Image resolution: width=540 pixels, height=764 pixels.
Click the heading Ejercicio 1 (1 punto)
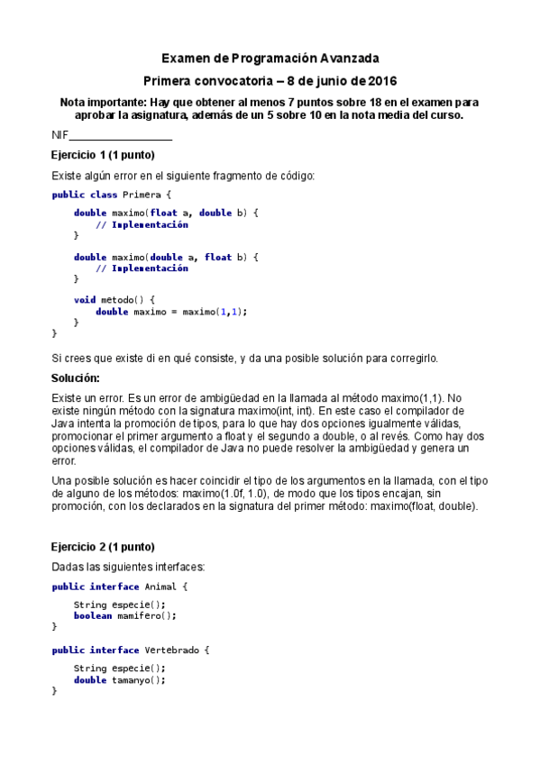[x=103, y=155]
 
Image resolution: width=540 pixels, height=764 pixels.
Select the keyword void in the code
[x=85, y=299]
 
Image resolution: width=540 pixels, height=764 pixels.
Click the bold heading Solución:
[x=76, y=377]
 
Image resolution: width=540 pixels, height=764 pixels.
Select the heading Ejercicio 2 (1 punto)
[x=103, y=547]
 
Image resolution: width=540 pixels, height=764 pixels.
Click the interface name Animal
[x=160, y=587]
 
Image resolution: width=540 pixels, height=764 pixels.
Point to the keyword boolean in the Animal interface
[x=93, y=616]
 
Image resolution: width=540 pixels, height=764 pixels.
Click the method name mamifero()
[x=147, y=616]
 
